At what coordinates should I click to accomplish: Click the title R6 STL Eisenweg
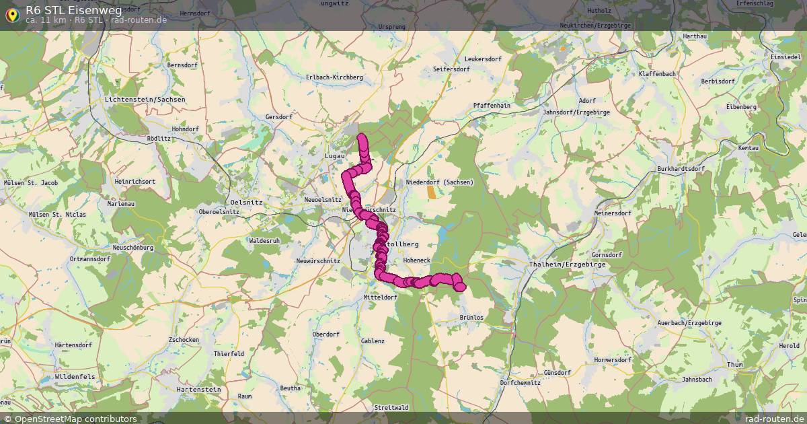click(x=74, y=9)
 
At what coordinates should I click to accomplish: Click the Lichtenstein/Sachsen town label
click(x=145, y=100)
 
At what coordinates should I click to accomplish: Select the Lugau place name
click(x=334, y=155)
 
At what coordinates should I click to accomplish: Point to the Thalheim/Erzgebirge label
click(x=568, y=264)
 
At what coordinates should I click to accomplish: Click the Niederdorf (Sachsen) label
click(x=440, y=182)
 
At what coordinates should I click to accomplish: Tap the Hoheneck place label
click(x=416, y=260)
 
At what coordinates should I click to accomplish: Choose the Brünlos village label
click(x=471, y=317)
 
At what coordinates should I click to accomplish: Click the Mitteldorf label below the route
click(x=380, y=297)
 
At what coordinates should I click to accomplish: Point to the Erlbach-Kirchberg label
click(x=334, y=77)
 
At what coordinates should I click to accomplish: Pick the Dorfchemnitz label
click(x=520, y=383)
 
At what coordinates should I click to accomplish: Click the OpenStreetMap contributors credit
click(x=75, y=419)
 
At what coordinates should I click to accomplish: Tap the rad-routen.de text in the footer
click(x=775, y=419)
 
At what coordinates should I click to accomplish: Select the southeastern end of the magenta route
click(x=460, y=287)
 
